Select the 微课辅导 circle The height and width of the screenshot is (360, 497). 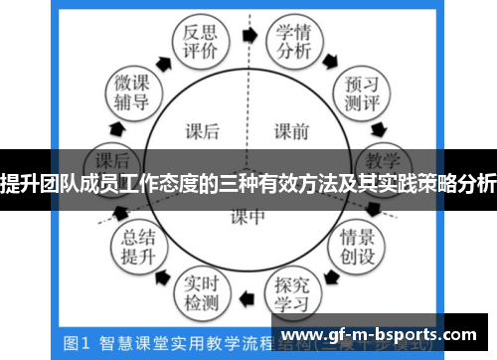[x=131, y=90]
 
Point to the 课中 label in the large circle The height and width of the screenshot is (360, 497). [x=248, y=216]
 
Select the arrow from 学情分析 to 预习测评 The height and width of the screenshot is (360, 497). [x=335, y=57]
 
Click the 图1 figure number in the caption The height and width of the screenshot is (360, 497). [x=78, y=343]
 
